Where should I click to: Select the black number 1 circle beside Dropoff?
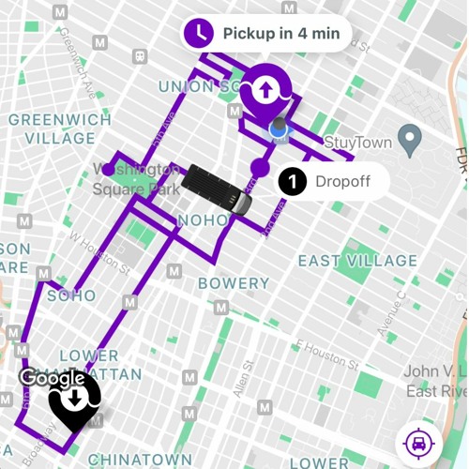tap(293, 181)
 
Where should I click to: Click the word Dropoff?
tap(342, 181)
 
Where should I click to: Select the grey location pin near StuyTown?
tap(409, 140)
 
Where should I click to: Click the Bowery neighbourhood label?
tap(234, 283)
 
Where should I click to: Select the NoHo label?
tap(203, 220)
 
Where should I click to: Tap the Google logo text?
tap(52, 378)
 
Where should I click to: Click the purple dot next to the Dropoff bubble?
tap(260, 169)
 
